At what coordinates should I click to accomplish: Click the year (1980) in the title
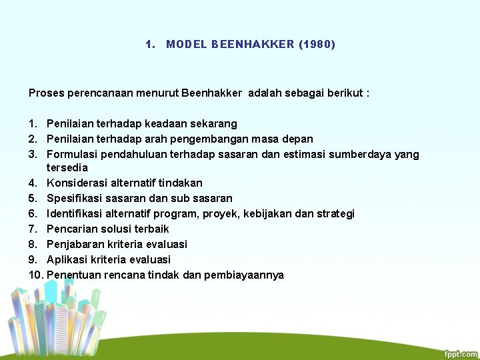317,45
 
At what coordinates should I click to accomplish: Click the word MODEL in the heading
187,45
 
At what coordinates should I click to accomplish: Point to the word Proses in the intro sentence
45,93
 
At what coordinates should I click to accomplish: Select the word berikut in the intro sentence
345,93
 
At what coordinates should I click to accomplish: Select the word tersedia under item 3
67,167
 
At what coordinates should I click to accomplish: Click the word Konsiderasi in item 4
77,183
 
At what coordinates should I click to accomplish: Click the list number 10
36,275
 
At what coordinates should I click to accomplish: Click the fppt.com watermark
460,354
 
